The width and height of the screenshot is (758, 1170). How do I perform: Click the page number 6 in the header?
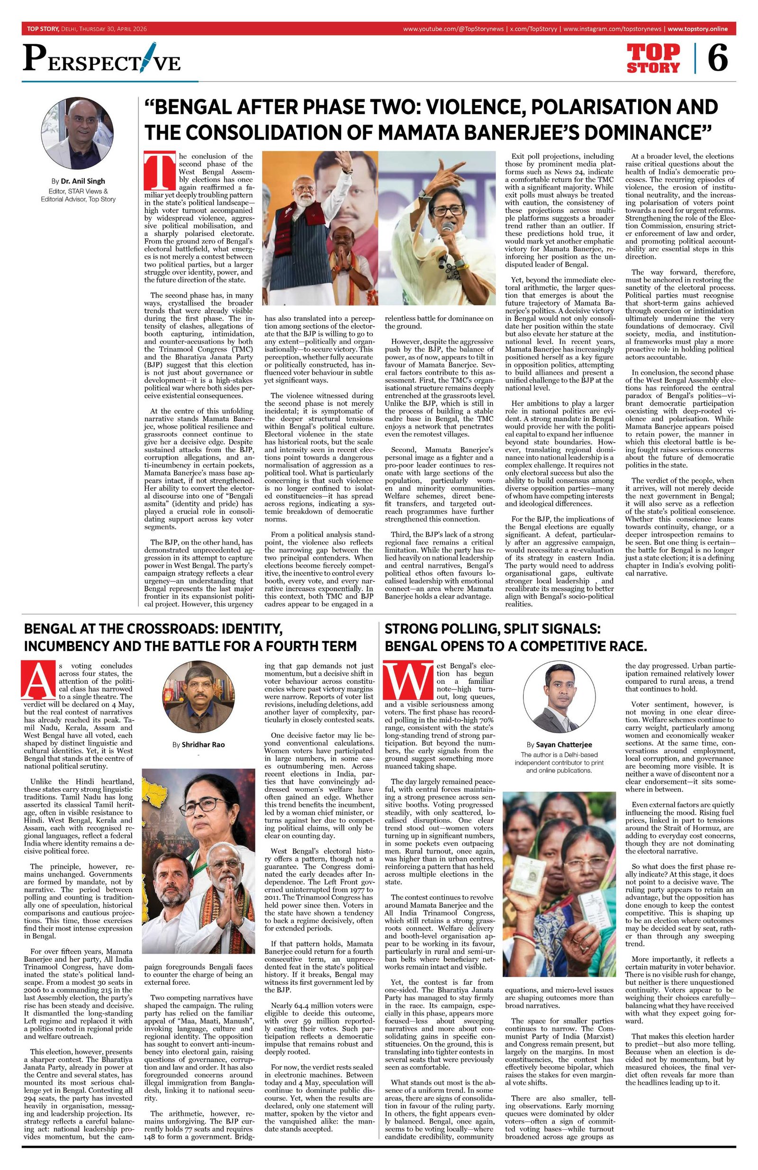coord(717,58)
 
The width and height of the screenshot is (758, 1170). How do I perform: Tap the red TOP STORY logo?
coord(653,58)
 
